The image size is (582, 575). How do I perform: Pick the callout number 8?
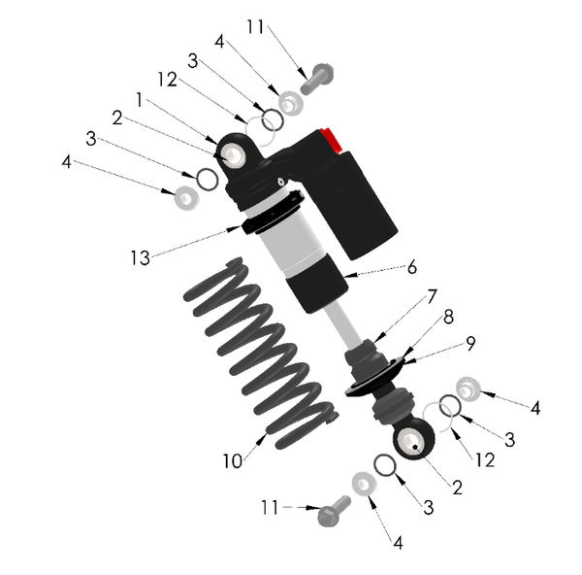[449, 317]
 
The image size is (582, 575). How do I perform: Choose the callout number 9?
[469, 343]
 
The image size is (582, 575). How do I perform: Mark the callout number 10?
[232, 461]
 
